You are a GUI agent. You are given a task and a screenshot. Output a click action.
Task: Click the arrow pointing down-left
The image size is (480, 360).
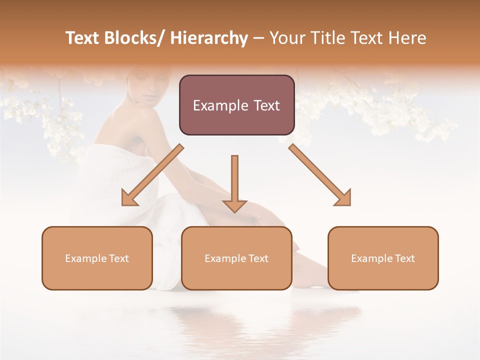[152, 175]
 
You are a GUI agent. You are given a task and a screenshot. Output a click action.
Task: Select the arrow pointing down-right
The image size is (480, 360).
[320, 175]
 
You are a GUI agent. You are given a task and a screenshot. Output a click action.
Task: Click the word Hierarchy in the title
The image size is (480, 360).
[209, 38]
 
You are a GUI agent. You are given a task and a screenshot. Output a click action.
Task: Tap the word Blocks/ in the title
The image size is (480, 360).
[133, 38]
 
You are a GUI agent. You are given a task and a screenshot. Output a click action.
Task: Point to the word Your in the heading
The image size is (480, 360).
[287, 38]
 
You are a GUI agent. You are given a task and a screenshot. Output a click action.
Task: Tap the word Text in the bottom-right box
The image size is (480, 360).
[404, 258]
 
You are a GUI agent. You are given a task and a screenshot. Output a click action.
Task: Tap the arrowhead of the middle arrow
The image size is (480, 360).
[234, 206]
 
